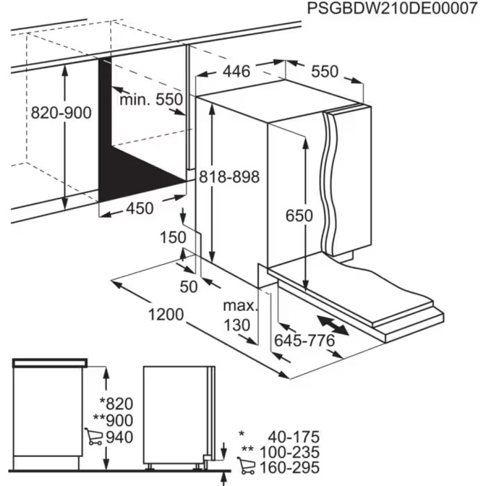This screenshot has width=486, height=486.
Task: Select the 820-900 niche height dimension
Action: (x=61, y=113)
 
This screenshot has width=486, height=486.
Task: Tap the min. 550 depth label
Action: (x=151, y=100)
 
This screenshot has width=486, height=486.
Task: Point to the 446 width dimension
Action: (x=236, y=72)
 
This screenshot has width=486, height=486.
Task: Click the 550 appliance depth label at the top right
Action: (x=324, y=72)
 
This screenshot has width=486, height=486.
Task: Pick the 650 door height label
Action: (x=298, y=216)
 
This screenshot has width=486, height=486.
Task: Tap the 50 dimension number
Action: (x=189, y=287)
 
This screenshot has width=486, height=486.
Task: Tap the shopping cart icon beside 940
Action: (x=93, y=437)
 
